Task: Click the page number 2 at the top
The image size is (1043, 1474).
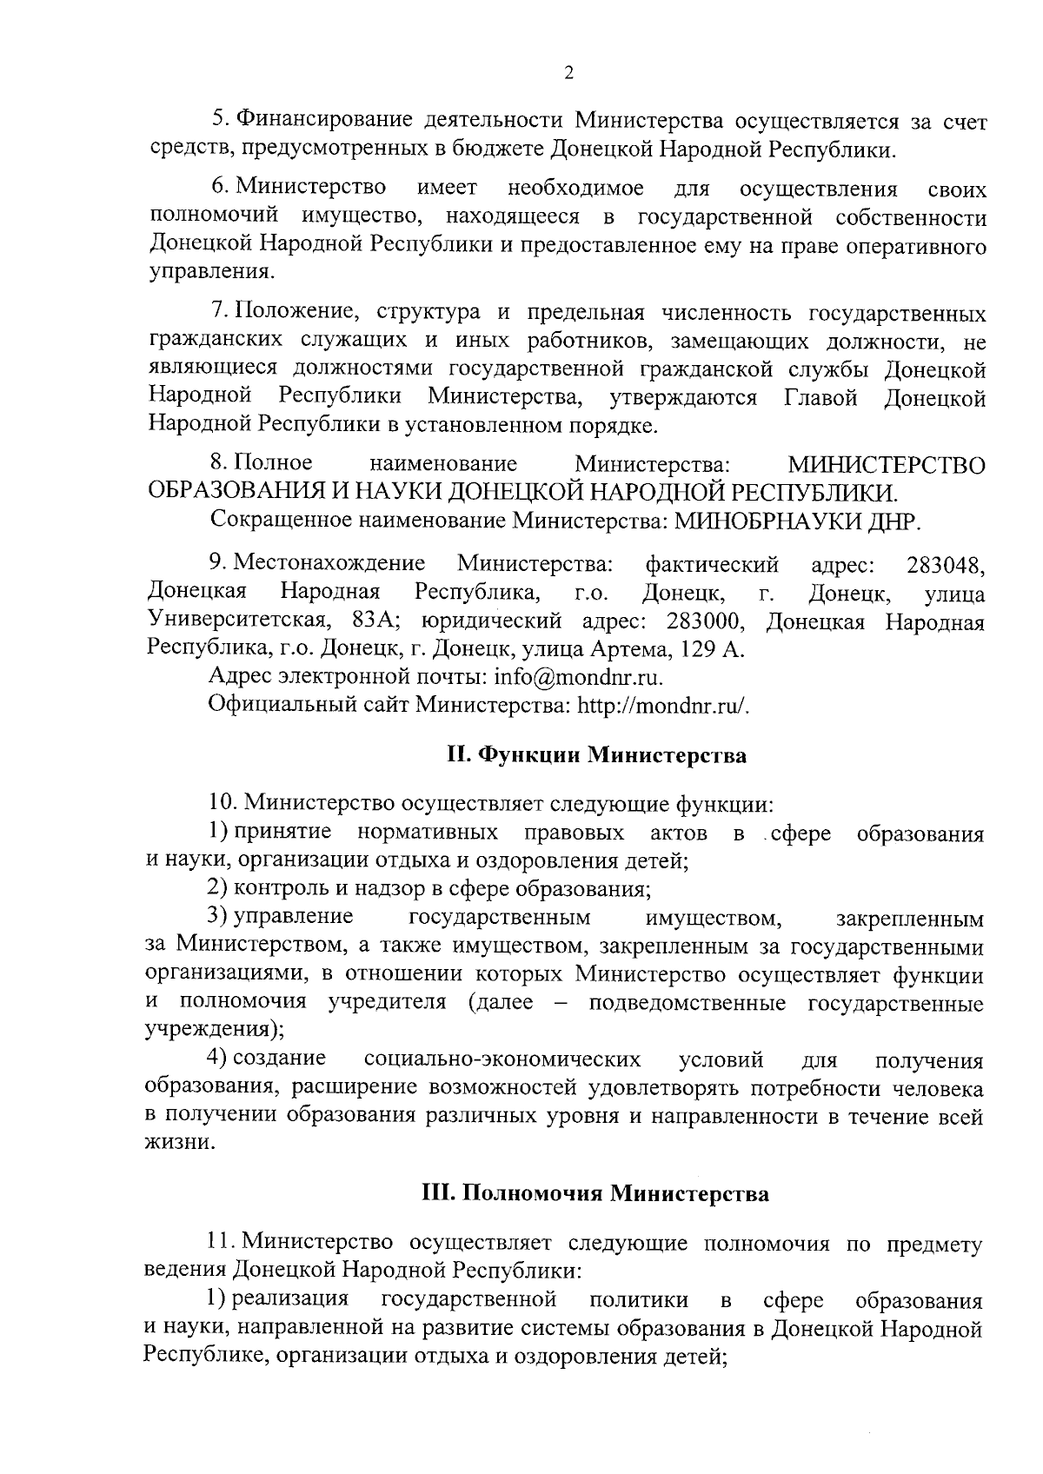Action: click(x=569, y=74)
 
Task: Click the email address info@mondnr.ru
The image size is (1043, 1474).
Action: click(x=578, y=677)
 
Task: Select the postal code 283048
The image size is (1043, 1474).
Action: click(x=945, y=567)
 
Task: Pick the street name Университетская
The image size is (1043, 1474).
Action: click(x=237, y=623)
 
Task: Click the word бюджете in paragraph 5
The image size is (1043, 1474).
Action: click(x=501, y=149)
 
